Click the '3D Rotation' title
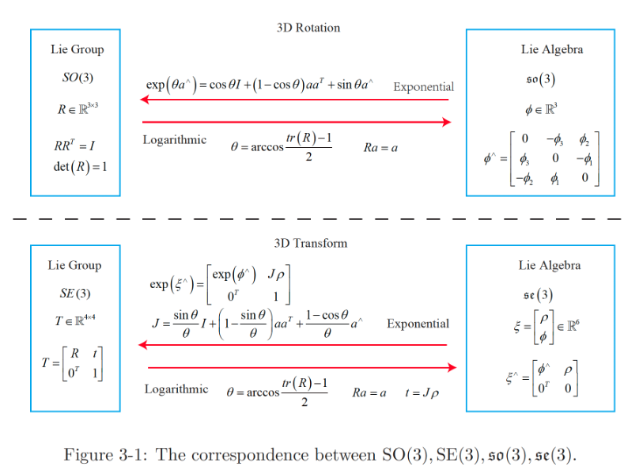308,28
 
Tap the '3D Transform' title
310,243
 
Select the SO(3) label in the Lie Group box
77,78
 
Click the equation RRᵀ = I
76,147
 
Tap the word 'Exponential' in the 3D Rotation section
423,87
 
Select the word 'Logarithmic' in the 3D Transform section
176,389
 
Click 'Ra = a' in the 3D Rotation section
380,147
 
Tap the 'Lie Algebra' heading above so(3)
552,50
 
